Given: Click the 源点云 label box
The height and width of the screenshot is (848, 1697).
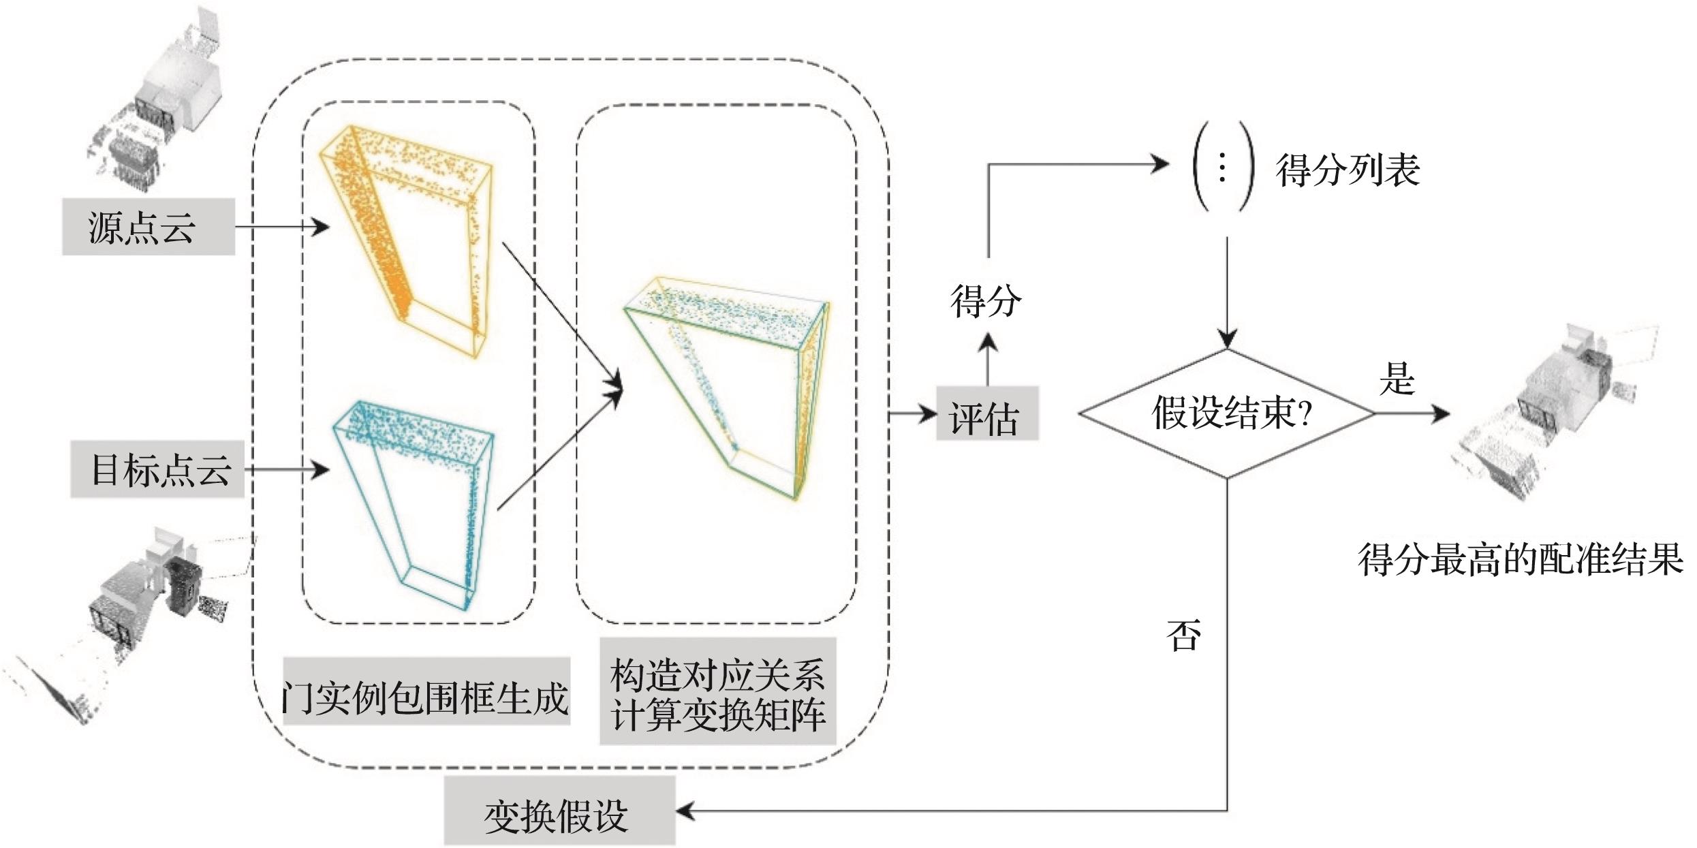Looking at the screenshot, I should point(148,227).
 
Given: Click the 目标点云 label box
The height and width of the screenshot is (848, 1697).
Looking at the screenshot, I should point(157,469).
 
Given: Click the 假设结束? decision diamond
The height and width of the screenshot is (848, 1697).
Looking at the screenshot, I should point(1226,413).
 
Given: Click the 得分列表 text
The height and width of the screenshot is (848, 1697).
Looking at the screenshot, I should point(1348,170).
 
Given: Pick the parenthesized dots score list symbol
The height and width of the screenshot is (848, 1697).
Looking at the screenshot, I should point(1222,167).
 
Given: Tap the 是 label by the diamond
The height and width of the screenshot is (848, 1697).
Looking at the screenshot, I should point(1397,378).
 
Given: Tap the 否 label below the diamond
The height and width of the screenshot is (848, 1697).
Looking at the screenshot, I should point(1183,635).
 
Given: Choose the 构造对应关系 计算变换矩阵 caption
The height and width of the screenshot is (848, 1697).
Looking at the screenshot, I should point(717,695).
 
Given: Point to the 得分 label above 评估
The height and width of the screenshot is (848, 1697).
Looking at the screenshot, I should point(985,300).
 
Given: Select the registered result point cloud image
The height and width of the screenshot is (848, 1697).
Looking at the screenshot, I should point(1553,415).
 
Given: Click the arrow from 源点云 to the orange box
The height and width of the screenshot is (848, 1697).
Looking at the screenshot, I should point(281,227).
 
